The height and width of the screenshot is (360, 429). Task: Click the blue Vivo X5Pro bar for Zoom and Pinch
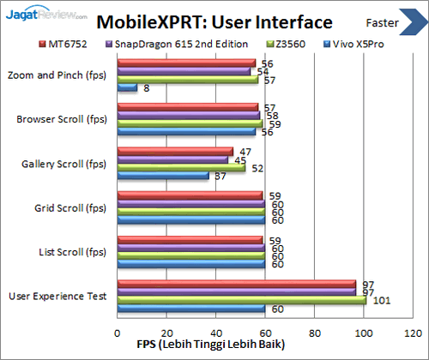point(127,87)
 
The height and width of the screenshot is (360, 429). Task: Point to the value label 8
point(148,87)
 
